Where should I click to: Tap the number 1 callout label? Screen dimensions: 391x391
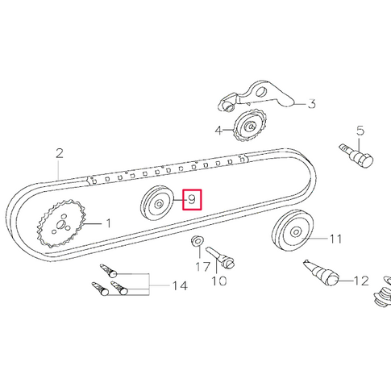(110, 223)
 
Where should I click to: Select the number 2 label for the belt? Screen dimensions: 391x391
(59, 152)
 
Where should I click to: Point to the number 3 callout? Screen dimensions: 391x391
(311, 104)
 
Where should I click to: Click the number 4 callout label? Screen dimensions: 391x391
(218, 129)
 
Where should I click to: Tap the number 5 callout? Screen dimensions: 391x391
(360, 130)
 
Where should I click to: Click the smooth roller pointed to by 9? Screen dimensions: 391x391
(156, 204)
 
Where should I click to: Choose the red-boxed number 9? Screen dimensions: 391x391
(192, 199)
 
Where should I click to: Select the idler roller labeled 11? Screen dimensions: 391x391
(291, 233)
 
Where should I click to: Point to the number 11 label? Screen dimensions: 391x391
(335, 239)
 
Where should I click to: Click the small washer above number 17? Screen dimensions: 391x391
(197, 242)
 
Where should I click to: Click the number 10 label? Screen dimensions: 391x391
(219, 281)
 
